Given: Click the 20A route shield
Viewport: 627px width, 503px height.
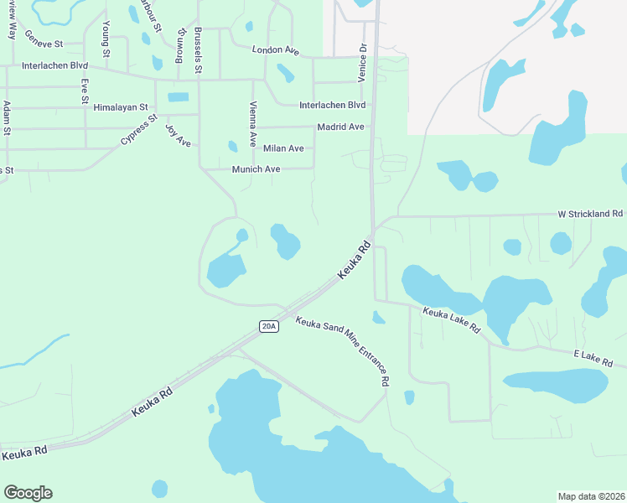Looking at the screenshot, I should pos(268,326).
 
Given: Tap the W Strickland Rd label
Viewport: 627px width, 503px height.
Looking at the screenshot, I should pos(591,215).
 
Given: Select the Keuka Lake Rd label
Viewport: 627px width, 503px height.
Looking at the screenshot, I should pos(452,320).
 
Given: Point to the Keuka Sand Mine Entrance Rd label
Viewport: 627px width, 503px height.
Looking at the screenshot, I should pos(343,350).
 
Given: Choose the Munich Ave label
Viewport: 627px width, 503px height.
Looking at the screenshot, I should pos(256,169).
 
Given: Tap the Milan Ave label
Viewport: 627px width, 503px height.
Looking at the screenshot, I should pos(283,148).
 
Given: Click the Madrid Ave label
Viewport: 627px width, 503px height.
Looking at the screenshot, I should pos(340,127).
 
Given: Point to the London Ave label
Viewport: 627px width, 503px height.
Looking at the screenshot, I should pos(276,50).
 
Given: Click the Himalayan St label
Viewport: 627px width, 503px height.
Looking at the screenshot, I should pos(121,107).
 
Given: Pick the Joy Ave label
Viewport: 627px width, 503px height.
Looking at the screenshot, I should pos(179,135).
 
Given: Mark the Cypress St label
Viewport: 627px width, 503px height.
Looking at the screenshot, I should pos(139,129).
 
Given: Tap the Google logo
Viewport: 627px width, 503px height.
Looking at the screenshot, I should pos(28,493).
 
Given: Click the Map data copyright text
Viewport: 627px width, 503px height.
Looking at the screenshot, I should pos(592,496).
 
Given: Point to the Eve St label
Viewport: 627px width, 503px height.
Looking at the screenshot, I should pos(85,91).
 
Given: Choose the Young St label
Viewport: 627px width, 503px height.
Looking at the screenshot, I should pos(106,40).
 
